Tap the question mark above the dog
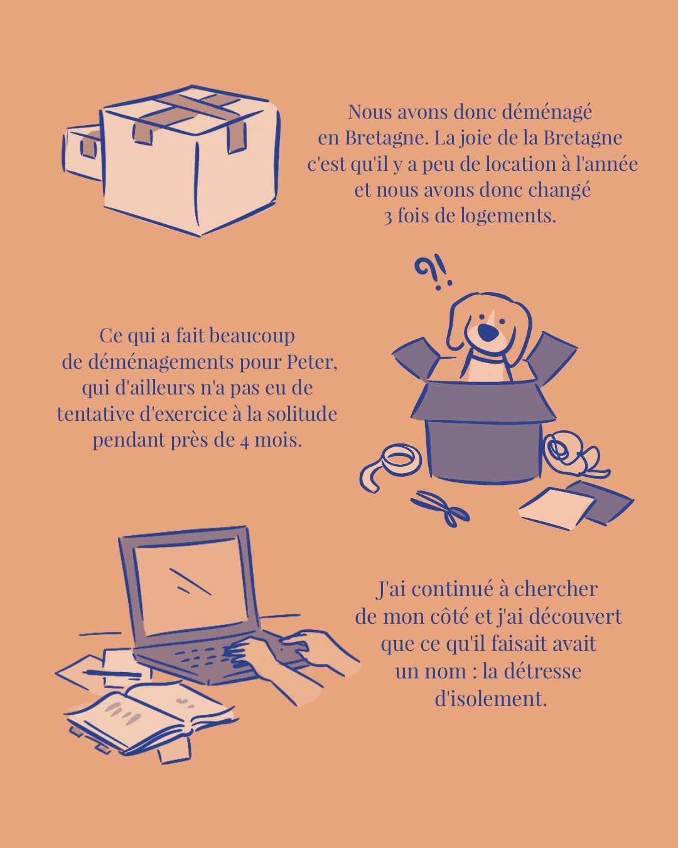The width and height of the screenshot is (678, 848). (426, 271)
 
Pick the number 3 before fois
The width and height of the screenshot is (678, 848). (388, 217)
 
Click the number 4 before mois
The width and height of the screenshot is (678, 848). (244, 440)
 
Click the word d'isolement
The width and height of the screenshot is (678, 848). (490, 699)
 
